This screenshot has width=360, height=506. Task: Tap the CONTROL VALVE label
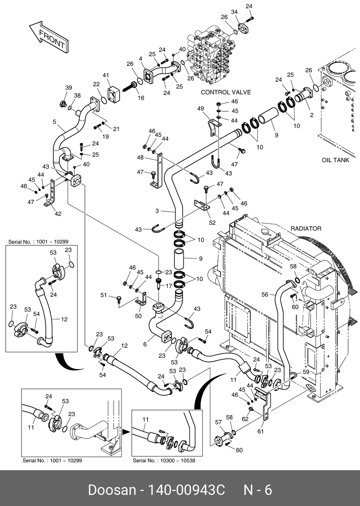click(226, 92)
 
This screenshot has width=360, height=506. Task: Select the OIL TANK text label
click(335, 160)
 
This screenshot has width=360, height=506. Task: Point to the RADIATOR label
click(306, 228)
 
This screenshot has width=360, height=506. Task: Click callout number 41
click(106, 75)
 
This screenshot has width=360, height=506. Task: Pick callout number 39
click(68, 88)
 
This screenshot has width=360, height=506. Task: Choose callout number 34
click(234, 13)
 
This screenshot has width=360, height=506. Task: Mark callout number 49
click(200, 109)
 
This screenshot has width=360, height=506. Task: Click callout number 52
click(212, 222)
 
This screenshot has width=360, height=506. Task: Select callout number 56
click(265, 295)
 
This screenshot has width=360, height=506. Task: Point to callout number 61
click(260, 431)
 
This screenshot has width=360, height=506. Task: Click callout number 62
click(245, 419)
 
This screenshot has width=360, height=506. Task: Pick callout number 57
click(218, 423)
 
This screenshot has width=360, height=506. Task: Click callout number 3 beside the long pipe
click(157, 211)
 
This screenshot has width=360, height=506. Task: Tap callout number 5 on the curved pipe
click(54, 122)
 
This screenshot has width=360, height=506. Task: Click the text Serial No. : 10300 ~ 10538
click(164, 461)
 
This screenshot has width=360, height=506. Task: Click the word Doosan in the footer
click(112, 490)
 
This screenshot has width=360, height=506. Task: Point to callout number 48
click(140, 158)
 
